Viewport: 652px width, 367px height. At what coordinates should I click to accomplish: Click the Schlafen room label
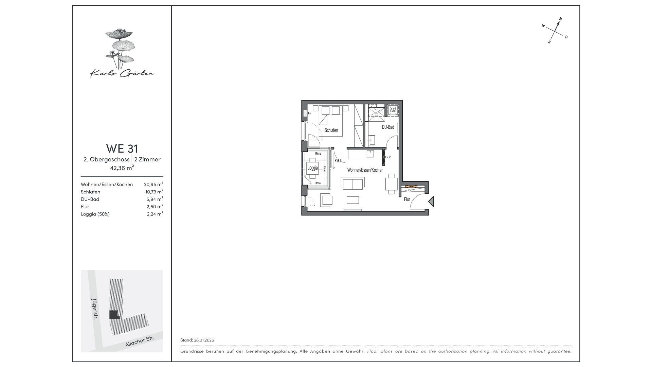(x=331, y=130)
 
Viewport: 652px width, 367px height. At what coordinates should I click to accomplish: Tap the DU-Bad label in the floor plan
(x=388, y=127)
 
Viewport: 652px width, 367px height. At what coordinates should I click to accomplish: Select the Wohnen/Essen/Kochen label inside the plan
(x=365, y=170)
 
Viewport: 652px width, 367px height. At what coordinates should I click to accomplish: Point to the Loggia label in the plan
(x=312, y=168)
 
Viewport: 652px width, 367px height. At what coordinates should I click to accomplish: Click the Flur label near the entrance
(x=407, y=199)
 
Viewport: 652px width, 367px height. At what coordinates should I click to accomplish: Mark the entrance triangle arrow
(x=431, y=202)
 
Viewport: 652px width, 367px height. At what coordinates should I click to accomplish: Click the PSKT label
(x=338, y=161)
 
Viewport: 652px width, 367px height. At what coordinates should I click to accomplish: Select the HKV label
(x=409, y=190)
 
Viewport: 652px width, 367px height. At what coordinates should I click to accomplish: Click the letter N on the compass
(x=561, y=19)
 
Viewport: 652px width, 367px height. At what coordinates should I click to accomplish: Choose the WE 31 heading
(x=122, y=149)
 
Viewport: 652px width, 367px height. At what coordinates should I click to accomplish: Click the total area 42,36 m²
(x=122, y=168)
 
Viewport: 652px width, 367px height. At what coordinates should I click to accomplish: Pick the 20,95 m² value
(x=153, y=185)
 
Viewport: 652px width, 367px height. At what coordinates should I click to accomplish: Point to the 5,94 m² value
(x=155, y=199)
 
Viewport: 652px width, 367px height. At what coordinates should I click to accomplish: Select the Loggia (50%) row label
(x=95, y=214)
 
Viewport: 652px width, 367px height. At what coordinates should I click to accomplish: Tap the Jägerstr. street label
(x=95, y=309)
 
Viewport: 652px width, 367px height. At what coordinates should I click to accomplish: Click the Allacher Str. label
(x=140, y=341)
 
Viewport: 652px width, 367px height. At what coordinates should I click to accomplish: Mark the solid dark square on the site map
(x=114, y=315)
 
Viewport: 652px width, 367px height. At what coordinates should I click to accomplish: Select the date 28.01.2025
(x=204, y=340)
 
